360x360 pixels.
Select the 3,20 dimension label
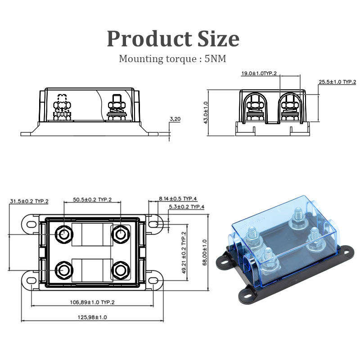[175, 119]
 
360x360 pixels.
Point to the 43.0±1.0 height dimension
[206, 112]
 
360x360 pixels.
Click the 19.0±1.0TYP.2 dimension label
[259, 73]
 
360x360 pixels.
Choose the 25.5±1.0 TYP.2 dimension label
[337, 82]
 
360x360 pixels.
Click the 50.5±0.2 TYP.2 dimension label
[92, 199]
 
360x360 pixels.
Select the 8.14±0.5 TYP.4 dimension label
[178, 198]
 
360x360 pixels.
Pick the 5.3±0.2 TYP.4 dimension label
[186, 207]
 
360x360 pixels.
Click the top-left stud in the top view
[63, 234]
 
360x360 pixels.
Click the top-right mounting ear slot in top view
[155, 224]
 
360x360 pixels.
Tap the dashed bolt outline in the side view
[62, 106]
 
